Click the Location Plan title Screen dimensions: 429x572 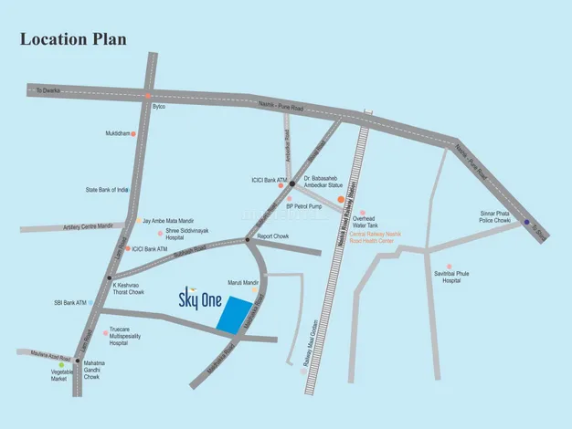(73, 40)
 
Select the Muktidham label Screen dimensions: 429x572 (117, 133)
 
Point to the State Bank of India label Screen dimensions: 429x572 (107, 190)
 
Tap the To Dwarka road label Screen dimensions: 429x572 (47, 90)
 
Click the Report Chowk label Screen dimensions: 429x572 (273, 236)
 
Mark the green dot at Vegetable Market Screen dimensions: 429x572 (61, 365)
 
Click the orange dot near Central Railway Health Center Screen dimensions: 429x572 (341, 199)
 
